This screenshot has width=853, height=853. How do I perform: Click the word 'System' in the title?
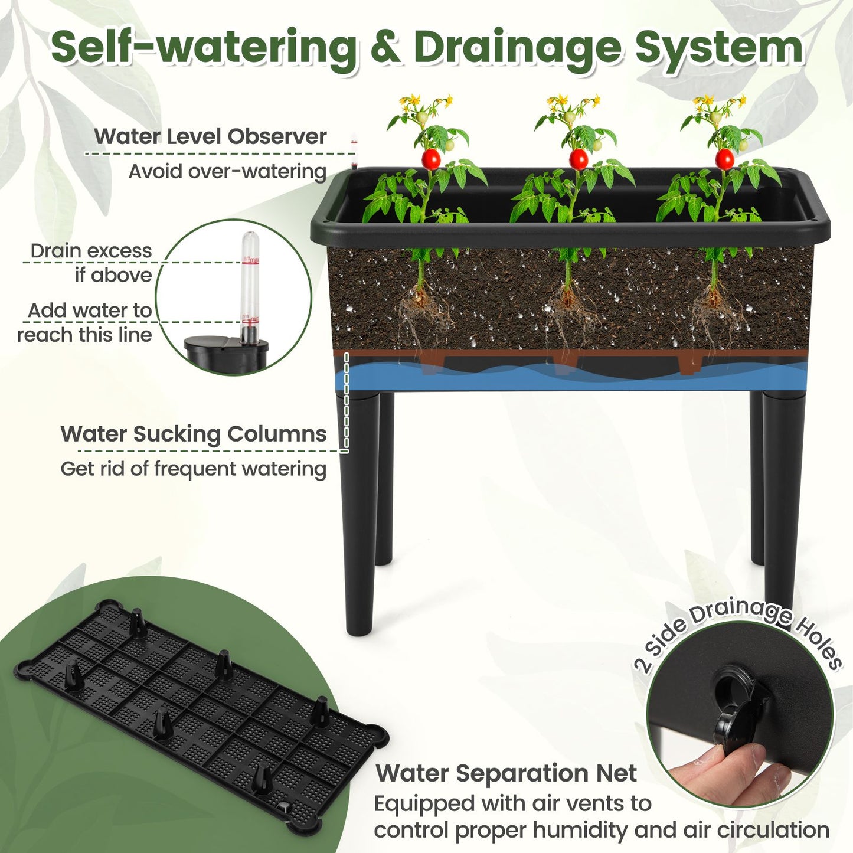[719, 47]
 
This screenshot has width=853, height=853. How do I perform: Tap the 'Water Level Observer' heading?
[210, 136]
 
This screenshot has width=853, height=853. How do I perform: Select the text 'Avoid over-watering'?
[227, 171]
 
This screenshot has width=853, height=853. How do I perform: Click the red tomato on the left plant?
[432, 158]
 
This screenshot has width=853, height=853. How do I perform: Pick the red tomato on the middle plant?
[579, 158]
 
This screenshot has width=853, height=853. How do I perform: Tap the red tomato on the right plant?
[725, 158]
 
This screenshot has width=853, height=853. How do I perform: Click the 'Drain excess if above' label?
[91, 263]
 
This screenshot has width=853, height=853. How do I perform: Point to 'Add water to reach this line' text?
[86, 322]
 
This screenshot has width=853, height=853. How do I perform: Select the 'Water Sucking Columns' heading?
[193, 434]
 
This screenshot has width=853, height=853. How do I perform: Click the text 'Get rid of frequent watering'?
[193, 469]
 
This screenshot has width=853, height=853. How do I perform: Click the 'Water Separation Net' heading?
[506, 773]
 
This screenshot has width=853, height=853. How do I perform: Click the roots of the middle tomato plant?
[567, 313]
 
